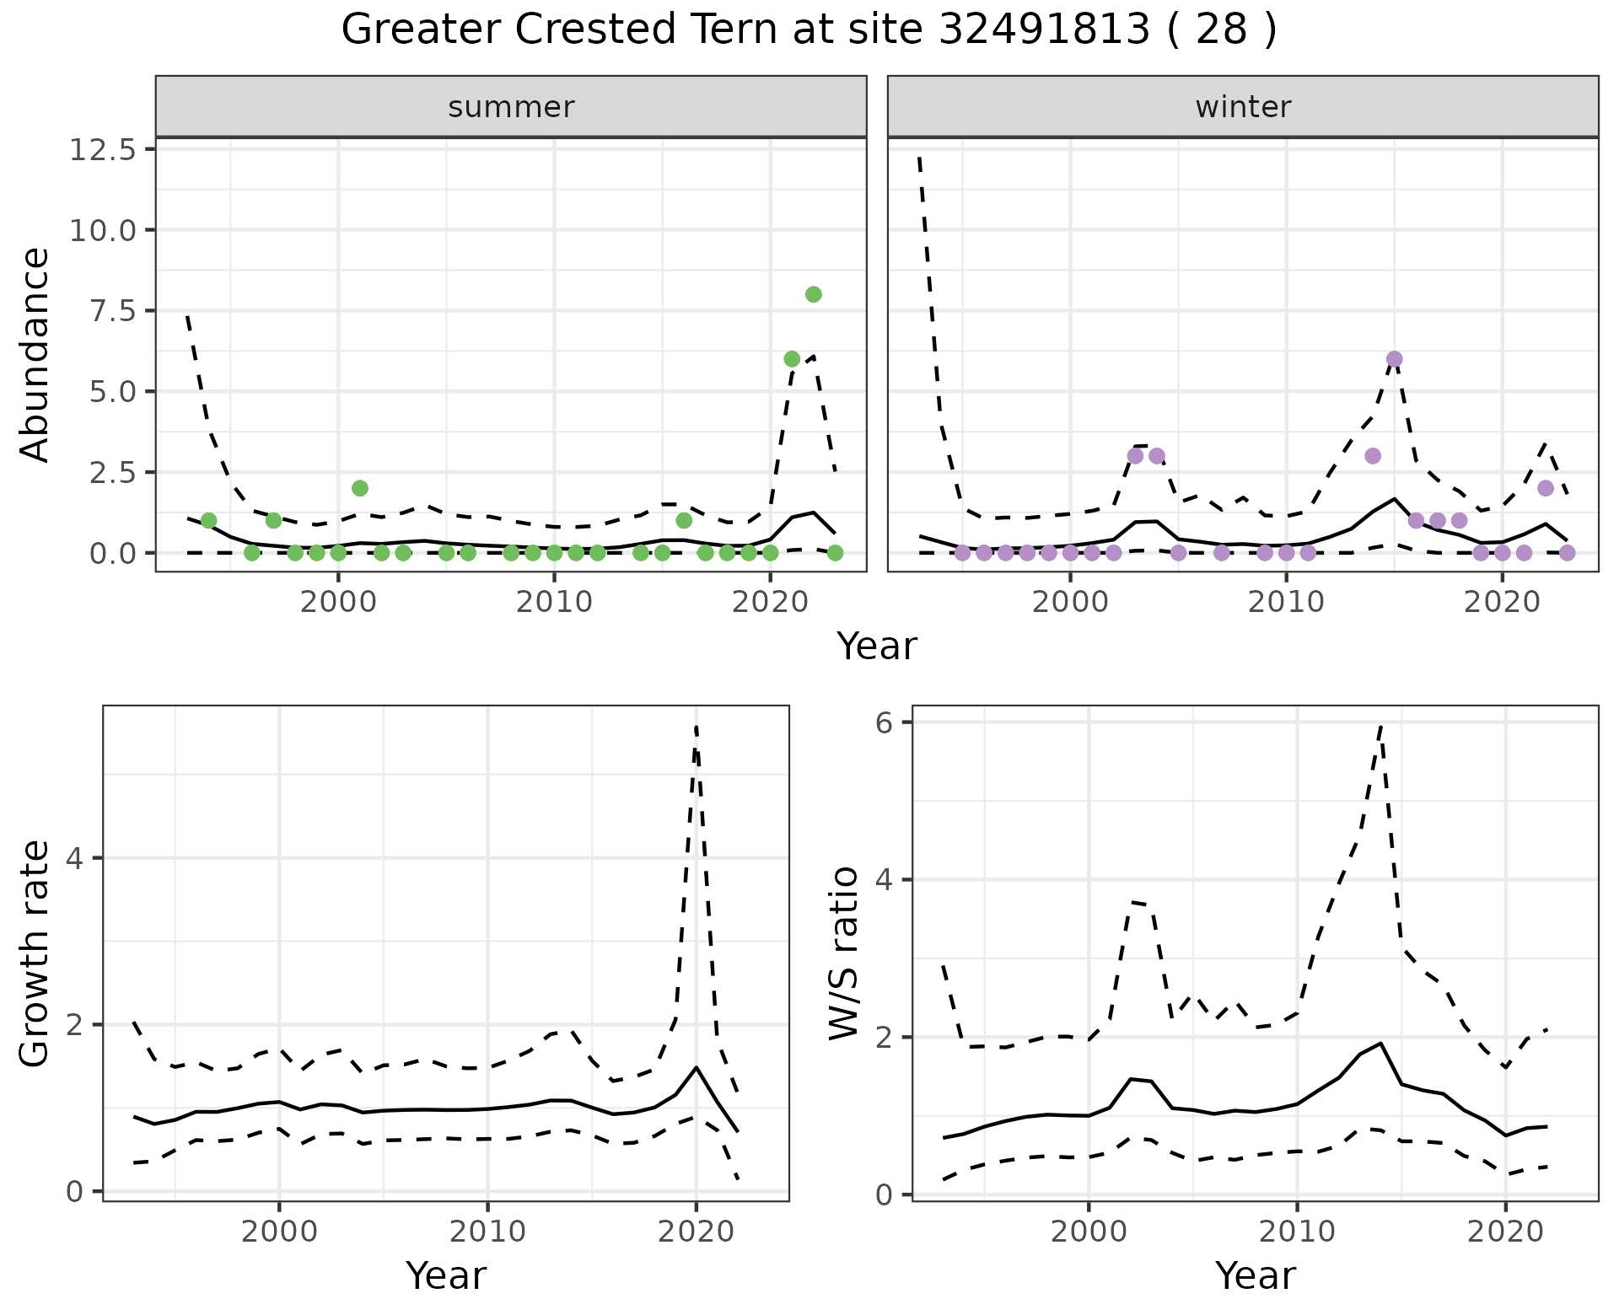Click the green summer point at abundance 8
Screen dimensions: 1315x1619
(813, 294)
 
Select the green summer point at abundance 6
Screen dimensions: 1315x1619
(792, 359)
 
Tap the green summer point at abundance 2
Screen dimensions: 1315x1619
(360, 488)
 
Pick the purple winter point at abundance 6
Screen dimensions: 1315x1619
(1394, 359)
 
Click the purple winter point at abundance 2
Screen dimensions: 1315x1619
(1545, 488)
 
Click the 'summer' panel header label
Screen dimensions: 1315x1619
(511, 107)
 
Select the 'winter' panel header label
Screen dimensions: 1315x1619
(1243, 107)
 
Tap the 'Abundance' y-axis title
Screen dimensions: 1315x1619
(35, 355)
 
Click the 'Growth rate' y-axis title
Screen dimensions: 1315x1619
(35, 954)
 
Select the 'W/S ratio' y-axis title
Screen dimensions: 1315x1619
(844, 953)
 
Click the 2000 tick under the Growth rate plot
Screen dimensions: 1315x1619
(279, 1232)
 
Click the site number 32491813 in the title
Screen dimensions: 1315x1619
(1044, 31)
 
